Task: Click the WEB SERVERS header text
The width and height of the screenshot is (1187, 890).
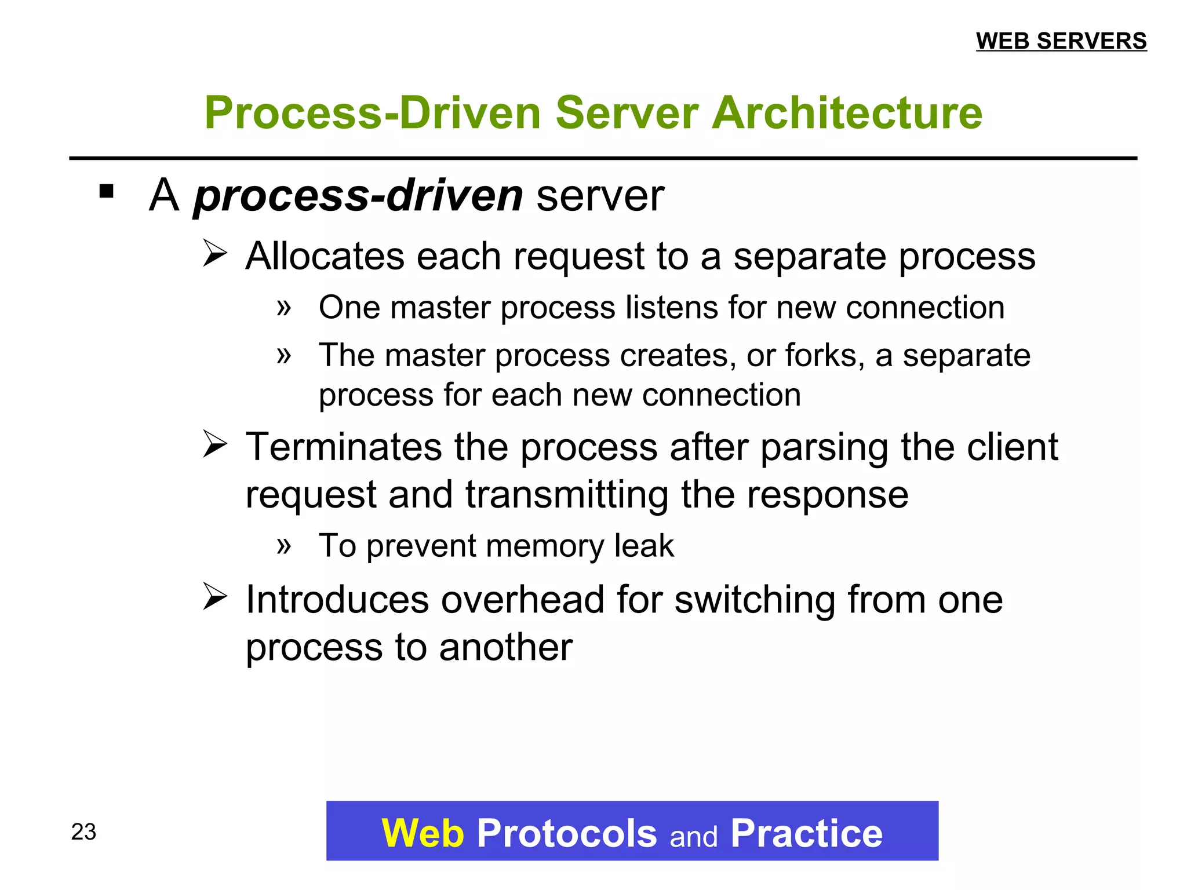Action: pos(1061,41)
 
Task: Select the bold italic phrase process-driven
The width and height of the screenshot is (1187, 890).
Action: pos(358,196)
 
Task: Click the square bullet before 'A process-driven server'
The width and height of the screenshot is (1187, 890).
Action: pos(107,191)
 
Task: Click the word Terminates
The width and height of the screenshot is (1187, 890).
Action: pos(344,447)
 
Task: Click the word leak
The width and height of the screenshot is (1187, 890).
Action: pos(644,546)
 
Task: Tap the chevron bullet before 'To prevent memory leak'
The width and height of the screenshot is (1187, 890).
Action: pos(283,545)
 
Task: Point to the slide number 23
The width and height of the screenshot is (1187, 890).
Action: pos(83,832)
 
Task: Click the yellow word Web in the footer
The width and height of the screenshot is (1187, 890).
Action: pos(423,833)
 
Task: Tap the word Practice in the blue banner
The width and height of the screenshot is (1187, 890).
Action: pos(806,833)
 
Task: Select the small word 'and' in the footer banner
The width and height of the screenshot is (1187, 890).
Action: pos(693,837)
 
